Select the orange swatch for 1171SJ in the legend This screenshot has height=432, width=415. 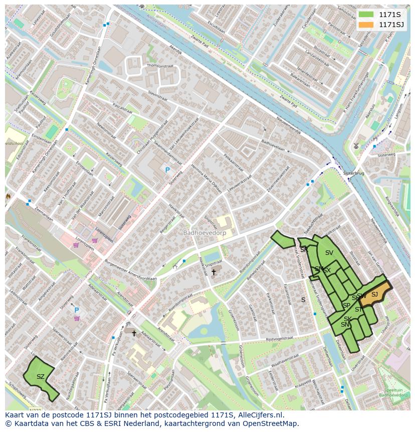click(x=366, y=25)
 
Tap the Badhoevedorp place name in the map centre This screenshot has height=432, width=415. click(x=204, y=233)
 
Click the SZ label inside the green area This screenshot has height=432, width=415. click(x=41, y=376)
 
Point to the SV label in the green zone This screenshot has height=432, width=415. click(x=329, y=252)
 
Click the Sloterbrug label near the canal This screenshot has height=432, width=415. click(x=353, y=173)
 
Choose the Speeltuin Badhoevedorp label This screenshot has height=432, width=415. click(x=393, y=392)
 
